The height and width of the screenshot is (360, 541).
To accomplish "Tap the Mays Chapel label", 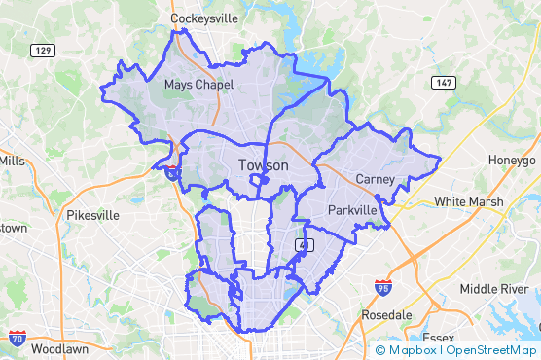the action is tap(198, 85).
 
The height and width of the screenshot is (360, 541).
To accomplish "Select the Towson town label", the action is tap(263, 166).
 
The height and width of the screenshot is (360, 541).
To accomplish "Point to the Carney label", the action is tap(375, 179).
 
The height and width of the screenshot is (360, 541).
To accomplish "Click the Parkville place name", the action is tap(351, 210).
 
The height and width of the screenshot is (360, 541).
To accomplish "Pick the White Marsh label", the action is tap(468, 202).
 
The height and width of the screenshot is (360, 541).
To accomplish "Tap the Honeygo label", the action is tap(512, 160).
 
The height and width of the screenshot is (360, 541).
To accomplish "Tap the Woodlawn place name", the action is tap(60, 347).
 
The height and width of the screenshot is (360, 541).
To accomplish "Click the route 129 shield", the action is tap(42, 50).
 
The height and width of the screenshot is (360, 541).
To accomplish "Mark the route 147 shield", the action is tap(444, 83).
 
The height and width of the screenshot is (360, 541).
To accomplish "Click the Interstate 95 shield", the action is tap(383, 287).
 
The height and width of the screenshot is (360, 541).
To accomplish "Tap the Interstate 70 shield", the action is tap(17, 338).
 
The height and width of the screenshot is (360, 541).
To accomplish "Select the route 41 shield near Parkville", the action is tap(305, 243).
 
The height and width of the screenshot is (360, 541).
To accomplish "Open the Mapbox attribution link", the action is tap(406, 350).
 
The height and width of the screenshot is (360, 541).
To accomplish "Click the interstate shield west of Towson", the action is tap(171, 172).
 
